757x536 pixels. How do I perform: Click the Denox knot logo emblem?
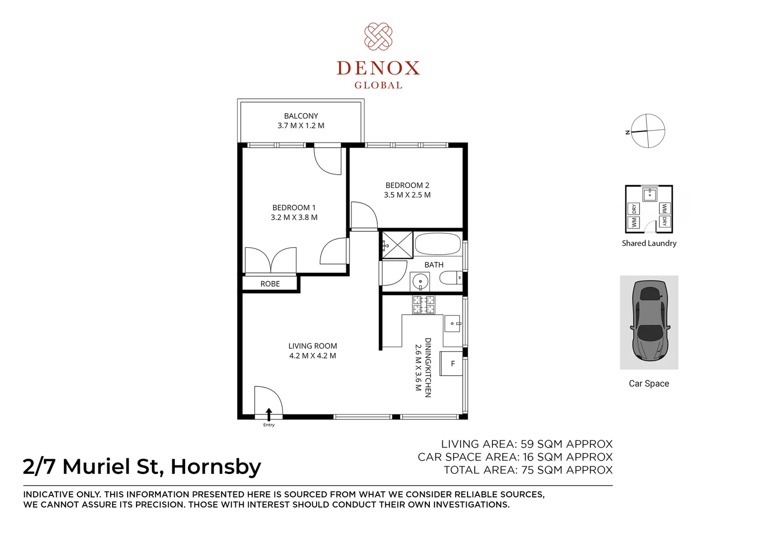coord(378,36)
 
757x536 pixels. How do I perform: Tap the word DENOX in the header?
coord(378,68)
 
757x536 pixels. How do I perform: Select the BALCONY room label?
coord(301,116)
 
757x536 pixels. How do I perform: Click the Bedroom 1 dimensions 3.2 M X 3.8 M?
coord(294,217)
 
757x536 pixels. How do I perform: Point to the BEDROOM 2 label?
coord(407,185)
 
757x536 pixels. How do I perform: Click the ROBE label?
coord(270,284)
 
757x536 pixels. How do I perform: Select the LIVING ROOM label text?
coord(312,346)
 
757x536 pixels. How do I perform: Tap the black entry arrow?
coord(269,414)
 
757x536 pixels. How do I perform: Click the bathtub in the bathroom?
coord(437,244)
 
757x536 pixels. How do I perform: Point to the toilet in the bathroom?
coord(450,277)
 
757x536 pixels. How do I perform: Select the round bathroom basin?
coord(420,281)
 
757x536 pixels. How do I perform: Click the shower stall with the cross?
coord(397,245)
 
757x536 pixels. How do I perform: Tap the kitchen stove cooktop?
coord(423,305)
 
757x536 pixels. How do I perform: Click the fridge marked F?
coord(452,364)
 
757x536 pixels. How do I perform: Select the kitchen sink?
coord(452,324)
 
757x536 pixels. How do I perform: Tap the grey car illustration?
coord(649,322)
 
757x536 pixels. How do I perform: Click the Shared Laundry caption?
coord(649,243)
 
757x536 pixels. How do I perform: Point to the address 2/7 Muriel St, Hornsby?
coord(142,467)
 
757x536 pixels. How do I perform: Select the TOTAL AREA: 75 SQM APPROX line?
coord(528,470)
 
